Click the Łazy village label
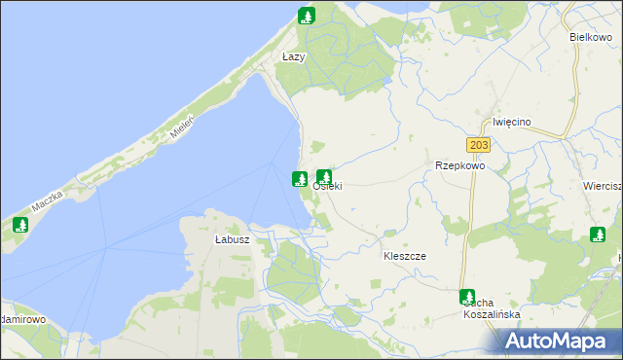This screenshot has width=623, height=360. [293, 57]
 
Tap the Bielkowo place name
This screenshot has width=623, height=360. [589, 37]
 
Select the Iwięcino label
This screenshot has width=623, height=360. [511, 122]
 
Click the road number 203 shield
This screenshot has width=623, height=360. [478, 145]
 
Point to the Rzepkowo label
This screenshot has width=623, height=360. [459, 165]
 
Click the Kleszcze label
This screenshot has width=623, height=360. [405, 255]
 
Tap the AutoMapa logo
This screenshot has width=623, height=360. [562, 341]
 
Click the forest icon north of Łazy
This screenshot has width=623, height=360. [307, 16]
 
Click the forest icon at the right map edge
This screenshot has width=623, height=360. [598, 234]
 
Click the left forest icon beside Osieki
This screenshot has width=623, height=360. [300, 179]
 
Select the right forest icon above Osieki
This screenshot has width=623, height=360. [324, 177]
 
